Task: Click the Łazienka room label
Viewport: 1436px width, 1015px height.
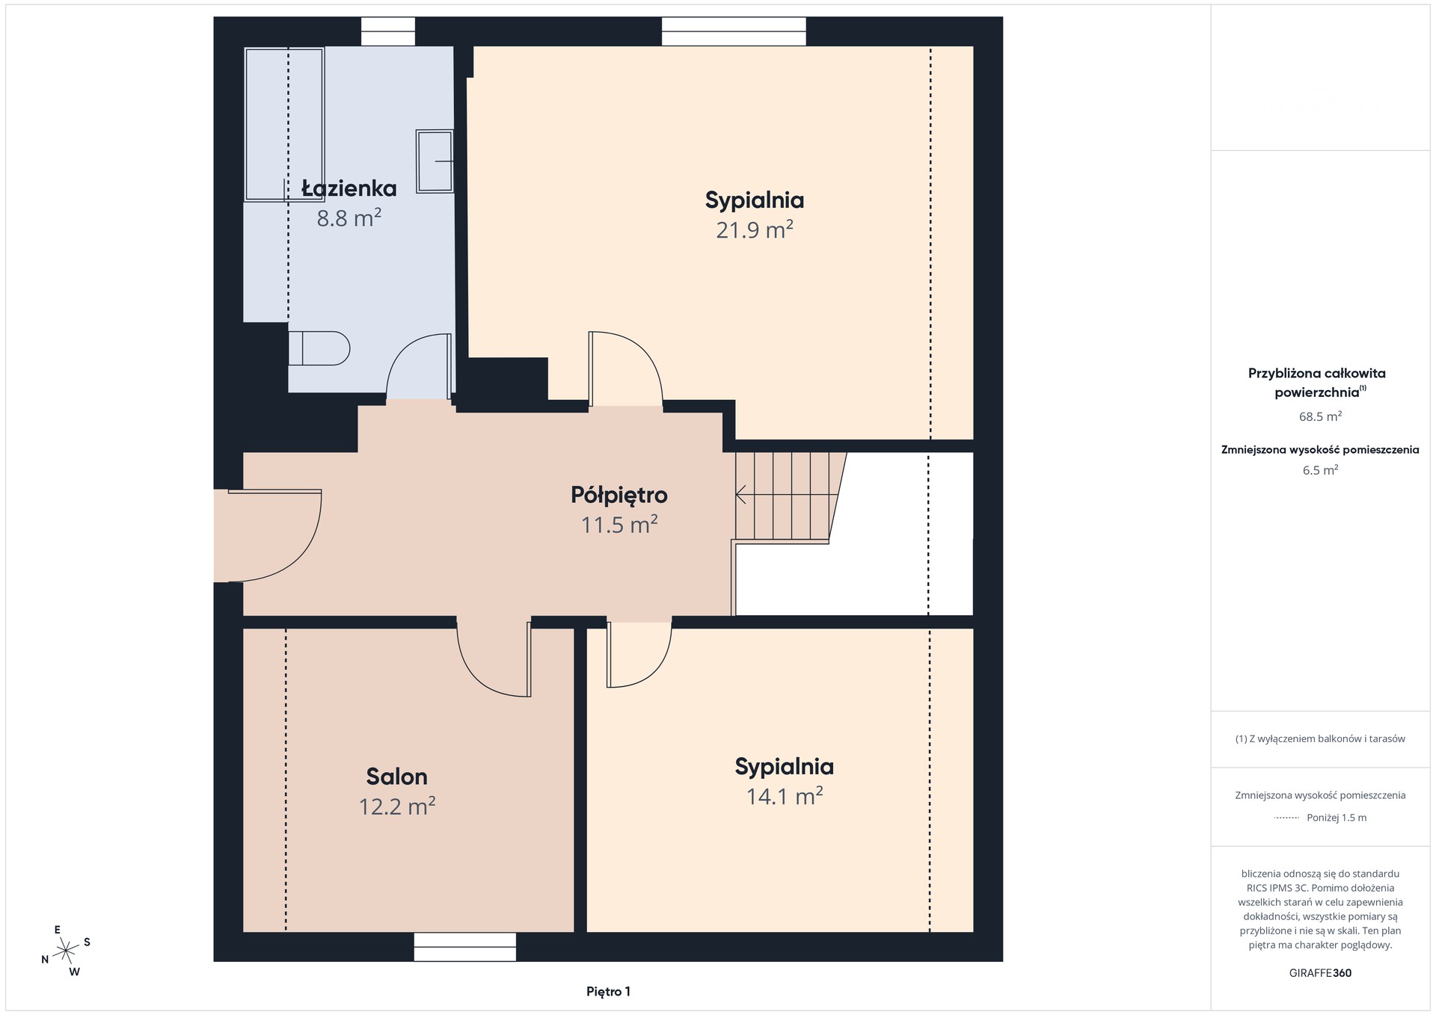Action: tap(349, 188)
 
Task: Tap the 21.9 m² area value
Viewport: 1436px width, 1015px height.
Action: tap(754, 229)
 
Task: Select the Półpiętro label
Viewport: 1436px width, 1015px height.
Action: tap(619, 495)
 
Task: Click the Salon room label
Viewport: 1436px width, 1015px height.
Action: tap(396, 777)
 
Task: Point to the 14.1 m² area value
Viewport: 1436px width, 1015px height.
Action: tap(784, 796)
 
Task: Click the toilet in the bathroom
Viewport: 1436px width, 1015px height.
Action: tap(319, 348)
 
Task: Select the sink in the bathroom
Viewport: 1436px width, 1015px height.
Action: tap(435, 161)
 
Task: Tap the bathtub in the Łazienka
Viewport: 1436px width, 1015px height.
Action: tap(284, 124)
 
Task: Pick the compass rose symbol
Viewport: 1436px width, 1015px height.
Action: tap(66, 951)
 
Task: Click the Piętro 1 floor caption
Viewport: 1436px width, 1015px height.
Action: tap(608, 992)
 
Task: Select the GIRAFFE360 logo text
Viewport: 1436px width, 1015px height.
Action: tap(1320, 973)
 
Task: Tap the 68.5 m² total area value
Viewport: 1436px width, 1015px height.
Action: tap(1320, 416)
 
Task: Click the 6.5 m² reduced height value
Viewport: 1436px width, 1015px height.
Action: tap(1320, 470)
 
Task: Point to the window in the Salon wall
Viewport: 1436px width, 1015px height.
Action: tap(464, 946)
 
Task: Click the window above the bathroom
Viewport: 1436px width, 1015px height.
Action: tap(388, 32)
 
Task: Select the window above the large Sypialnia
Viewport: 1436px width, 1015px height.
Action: tap(734, 32)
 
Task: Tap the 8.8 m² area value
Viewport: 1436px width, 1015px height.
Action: tap(349, 218)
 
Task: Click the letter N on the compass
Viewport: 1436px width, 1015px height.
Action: tap(45, 960)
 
